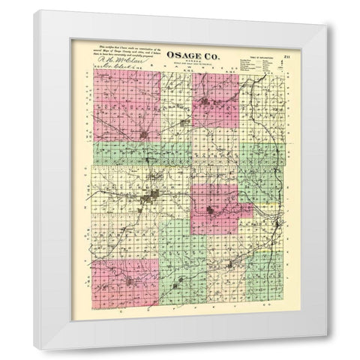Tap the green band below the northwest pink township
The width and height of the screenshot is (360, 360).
pos(127,153)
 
